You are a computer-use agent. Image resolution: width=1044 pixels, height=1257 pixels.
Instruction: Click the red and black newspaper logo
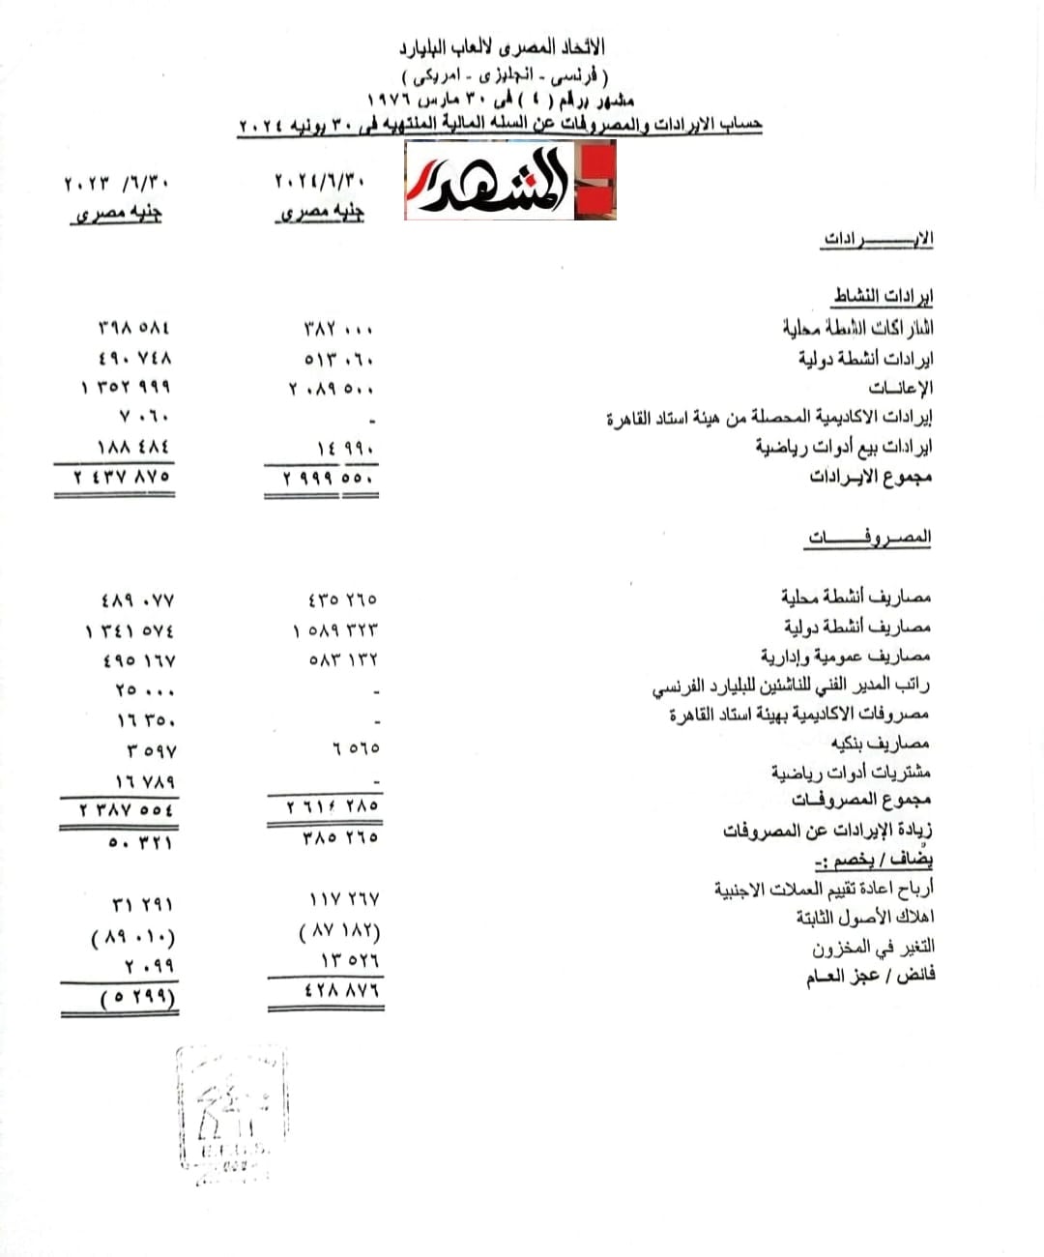[509, 180]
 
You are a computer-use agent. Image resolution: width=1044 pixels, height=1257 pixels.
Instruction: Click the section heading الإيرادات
[878, 239]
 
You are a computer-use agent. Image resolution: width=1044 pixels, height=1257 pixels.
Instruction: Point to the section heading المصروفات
[869, 537]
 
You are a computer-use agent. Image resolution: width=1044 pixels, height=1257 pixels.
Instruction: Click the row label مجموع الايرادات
[870, 476]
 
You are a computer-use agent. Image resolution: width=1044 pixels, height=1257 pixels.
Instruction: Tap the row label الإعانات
[900, 388]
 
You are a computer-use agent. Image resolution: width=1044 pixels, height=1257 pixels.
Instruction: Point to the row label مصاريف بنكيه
[880, 743]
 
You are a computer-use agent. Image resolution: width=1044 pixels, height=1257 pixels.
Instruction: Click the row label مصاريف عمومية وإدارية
[845, 656]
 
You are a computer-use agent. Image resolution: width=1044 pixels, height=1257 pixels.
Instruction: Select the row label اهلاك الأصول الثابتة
[865, 917]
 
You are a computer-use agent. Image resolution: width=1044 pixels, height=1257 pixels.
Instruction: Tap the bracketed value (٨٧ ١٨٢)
[339, 932]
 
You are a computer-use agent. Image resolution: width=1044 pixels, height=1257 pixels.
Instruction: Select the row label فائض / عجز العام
[870, 976]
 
